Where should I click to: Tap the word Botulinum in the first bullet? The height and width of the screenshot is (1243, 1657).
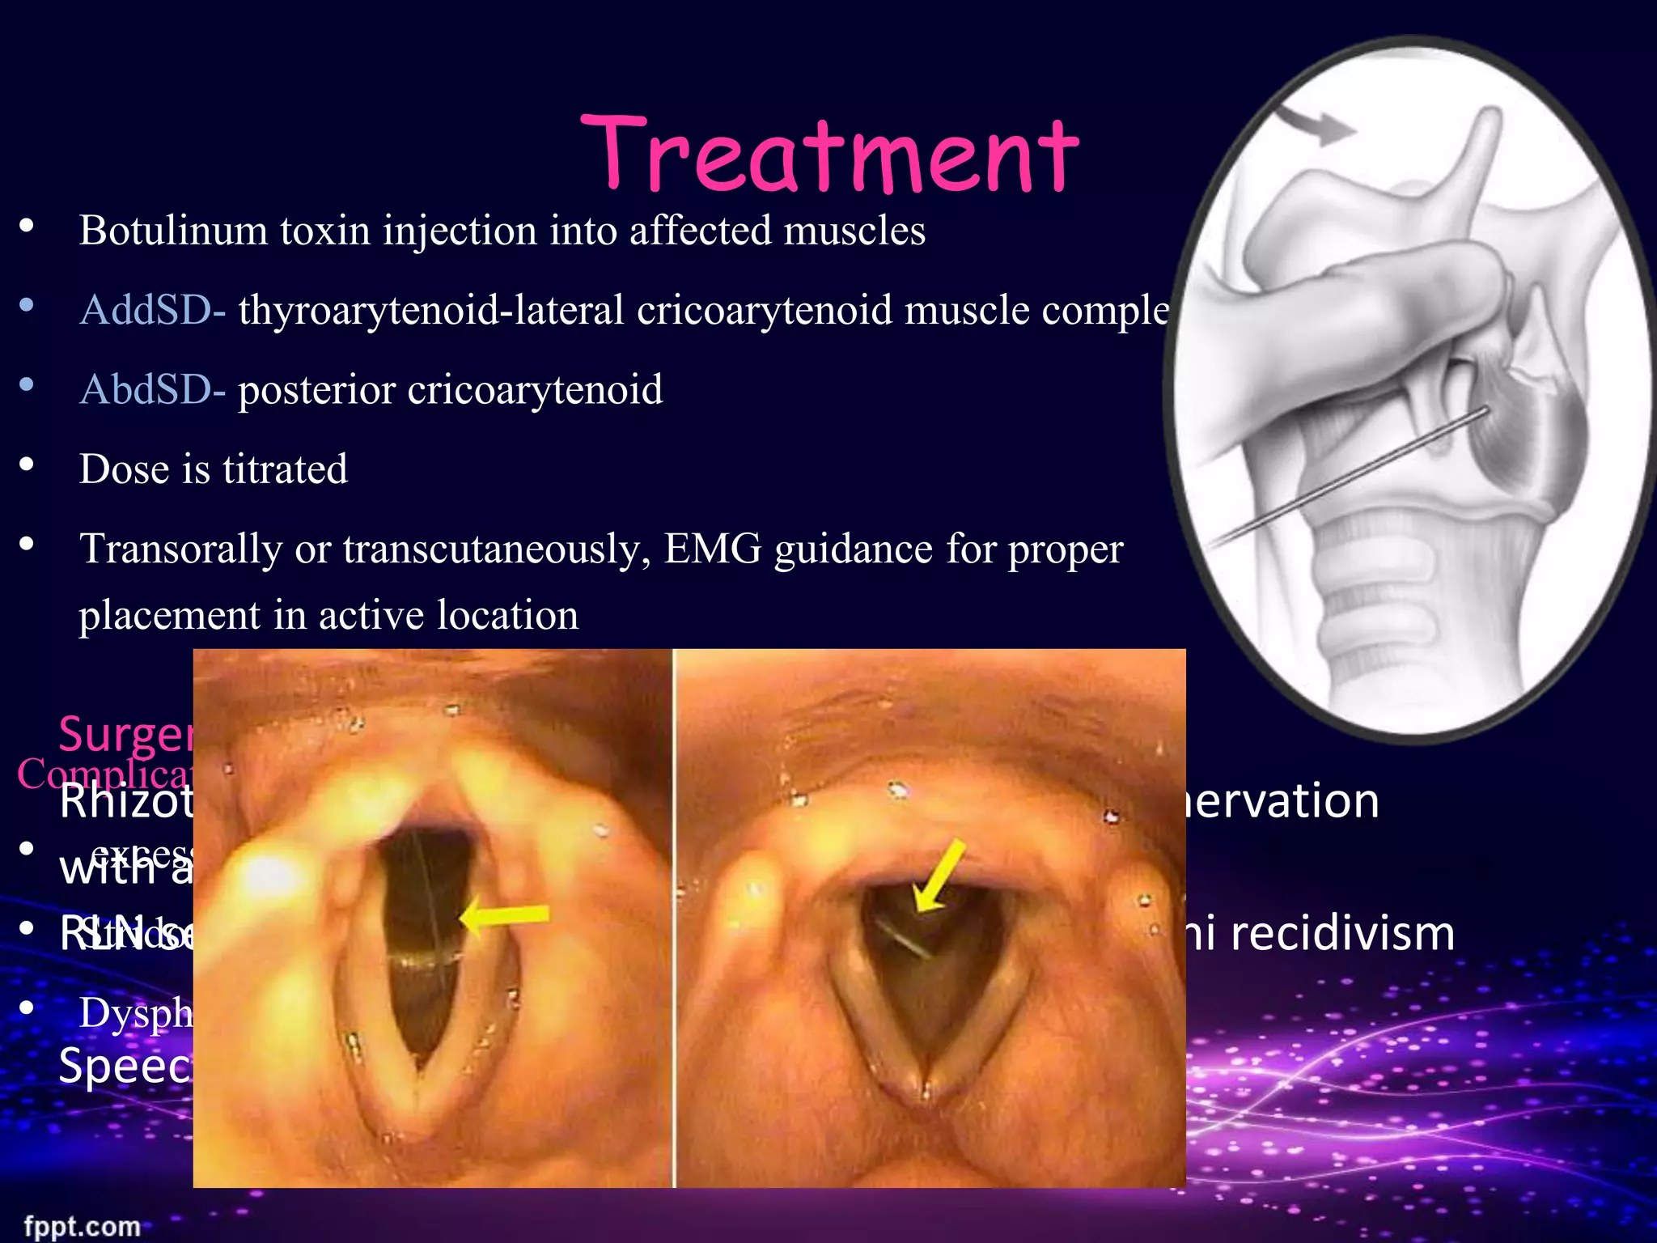point(173,231)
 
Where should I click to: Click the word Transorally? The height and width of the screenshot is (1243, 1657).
point(180,549)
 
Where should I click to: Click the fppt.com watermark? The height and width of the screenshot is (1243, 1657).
point(82,1226)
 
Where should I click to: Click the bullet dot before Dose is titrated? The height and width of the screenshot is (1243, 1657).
point(27,465)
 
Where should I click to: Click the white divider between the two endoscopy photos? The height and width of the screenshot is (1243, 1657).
point(673,918)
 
